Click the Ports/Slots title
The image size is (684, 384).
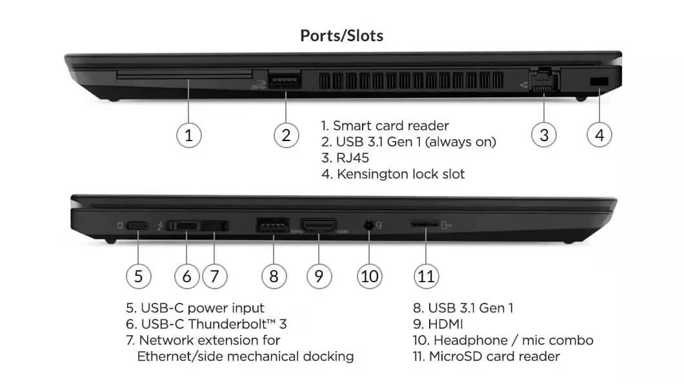click(341, 35)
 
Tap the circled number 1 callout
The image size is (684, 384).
click(188, 135)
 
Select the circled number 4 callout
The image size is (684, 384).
click(599, 135)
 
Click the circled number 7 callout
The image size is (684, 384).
click(214, 276)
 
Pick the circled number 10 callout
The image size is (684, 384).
click(369, 276)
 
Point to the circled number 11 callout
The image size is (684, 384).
click(426, 276)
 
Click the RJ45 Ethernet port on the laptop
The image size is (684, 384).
click(543, 82)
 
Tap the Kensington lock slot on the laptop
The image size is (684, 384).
click(599, 80)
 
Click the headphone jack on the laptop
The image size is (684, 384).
click(369, 225)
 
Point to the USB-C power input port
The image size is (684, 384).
click(137, 226)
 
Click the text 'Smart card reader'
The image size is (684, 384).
click(390, 126)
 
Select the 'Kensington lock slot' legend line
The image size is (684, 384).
click(400, 174)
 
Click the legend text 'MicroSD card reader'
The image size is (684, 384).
click(494, 356)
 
